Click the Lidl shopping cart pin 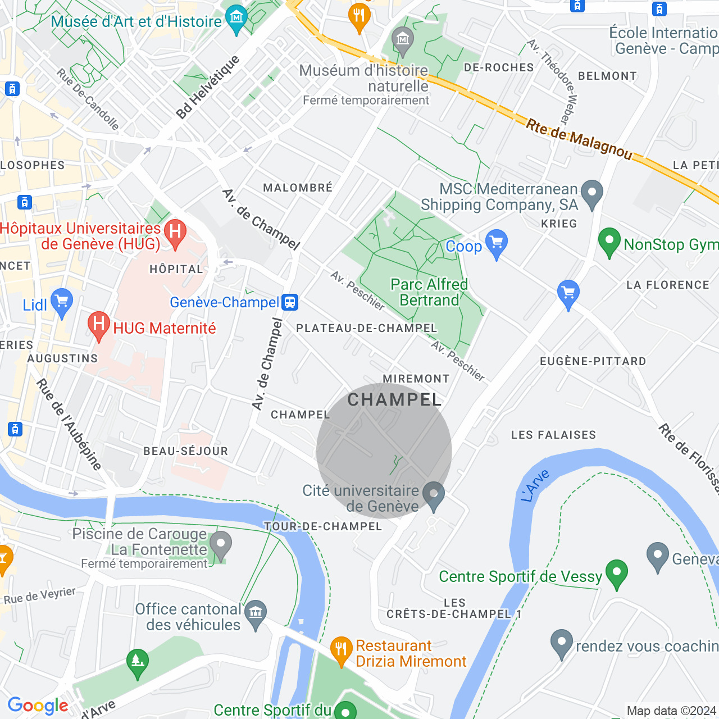(61, 302)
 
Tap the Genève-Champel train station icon (290, 302)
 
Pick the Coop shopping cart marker (496, 243)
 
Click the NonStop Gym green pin (609, 242)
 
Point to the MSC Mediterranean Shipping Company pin (591, 194)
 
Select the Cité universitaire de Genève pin (434, 495)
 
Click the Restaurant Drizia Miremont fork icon (341, 650)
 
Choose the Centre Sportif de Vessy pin (616, 573)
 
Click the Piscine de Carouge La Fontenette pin (220, 545)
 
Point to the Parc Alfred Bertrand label (429, 292)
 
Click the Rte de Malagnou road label (579, 138)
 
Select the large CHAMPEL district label (395, 400)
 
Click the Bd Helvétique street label (208, 87)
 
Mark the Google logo (38, 706)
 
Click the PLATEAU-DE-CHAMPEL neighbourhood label (366, 328)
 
